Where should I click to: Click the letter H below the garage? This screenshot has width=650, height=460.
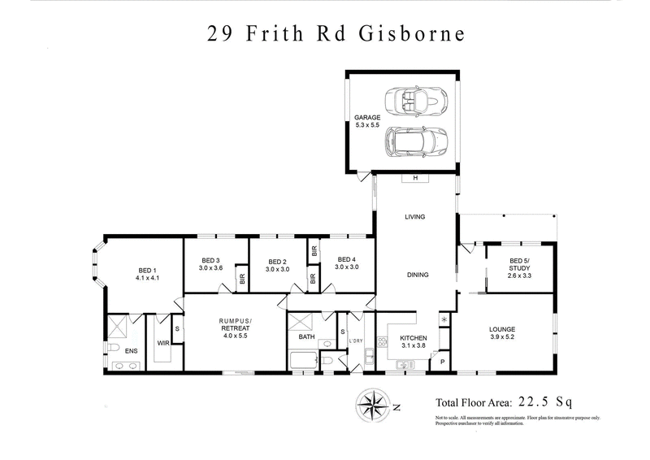(x=415, y=178)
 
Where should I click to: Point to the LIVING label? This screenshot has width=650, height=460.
(x=415, y=217)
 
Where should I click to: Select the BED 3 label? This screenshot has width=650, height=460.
(x=210, y=260)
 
